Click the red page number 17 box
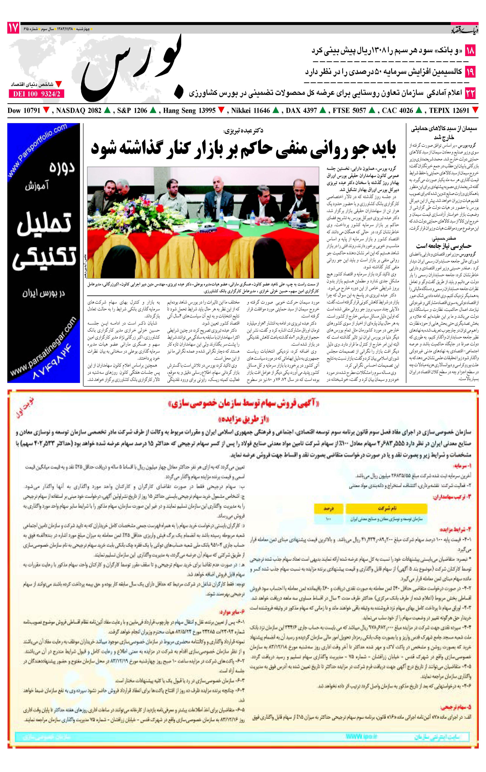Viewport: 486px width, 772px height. click(13, 28)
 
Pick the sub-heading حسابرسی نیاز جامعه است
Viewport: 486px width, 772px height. click(444, 246)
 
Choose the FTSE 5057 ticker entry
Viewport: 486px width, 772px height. click(349, 111)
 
